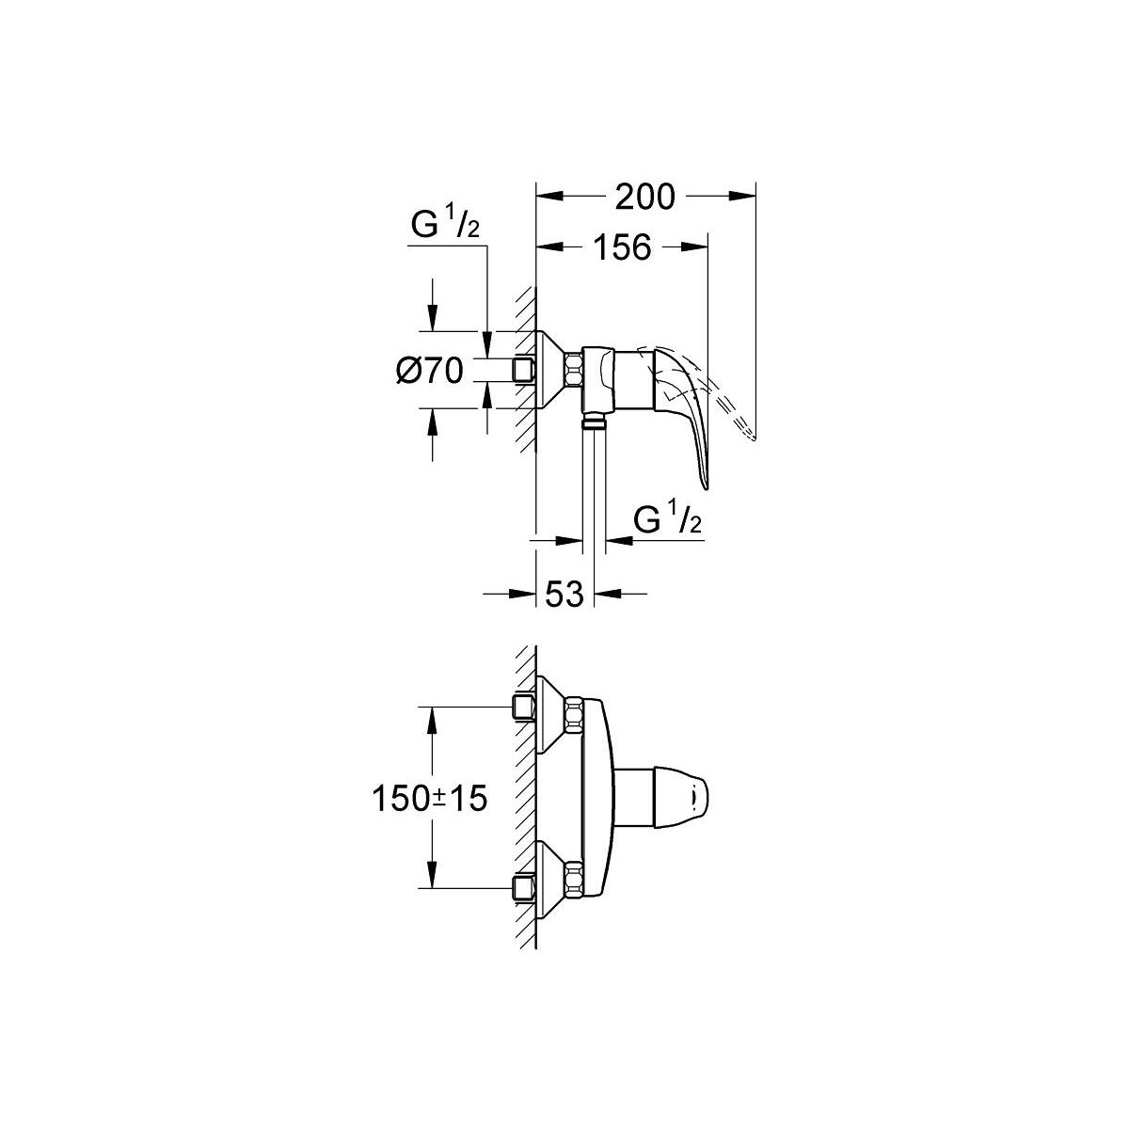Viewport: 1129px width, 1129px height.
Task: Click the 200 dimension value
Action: coord(644,197)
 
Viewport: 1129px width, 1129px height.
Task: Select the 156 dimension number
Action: coord(622,247)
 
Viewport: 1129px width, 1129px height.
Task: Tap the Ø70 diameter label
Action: coord(429,371)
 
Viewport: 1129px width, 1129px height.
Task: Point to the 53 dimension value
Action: coord(564,594)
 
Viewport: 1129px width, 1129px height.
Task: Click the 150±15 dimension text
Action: coord(429,798)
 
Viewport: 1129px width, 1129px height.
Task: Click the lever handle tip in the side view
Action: coord(706,486)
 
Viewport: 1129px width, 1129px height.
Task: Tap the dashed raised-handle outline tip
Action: coord(753,437)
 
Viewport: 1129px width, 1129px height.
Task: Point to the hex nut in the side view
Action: coord(574,371)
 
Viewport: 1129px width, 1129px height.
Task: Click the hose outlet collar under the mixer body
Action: coord(594,420)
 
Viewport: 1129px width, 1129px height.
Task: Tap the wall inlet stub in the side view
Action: coord(524,371)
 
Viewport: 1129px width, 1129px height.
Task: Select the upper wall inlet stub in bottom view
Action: coord(524,708)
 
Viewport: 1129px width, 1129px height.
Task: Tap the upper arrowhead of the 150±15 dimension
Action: coord(432,721)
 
